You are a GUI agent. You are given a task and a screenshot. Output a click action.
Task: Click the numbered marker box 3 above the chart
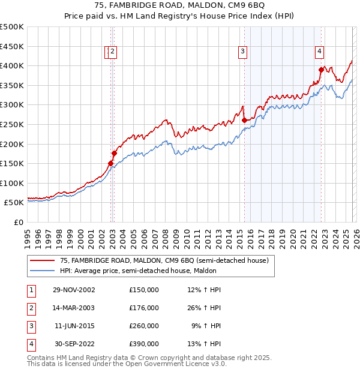click(243, 52)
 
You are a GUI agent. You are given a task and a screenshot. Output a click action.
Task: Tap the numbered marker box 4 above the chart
click(320, 52)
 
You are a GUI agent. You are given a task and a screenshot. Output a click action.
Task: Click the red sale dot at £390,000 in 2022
click(321, 70)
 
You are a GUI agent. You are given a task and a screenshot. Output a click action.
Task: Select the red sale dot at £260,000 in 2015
click(244, 120)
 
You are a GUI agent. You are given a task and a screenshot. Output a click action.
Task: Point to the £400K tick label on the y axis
click(13, 65)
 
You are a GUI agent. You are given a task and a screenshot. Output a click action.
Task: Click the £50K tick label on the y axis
click(14, 203)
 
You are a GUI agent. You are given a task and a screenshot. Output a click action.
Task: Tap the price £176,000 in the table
click(144, 308)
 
